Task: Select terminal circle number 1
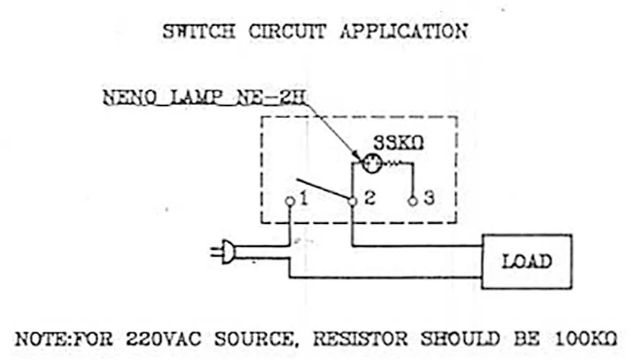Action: [x=289, y=202]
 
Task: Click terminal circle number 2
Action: [x=352, y=202]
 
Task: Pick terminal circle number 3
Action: [x=412, y=202]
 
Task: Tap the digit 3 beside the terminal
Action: [x=429, y=199]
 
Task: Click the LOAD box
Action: [x=526, y=261]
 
